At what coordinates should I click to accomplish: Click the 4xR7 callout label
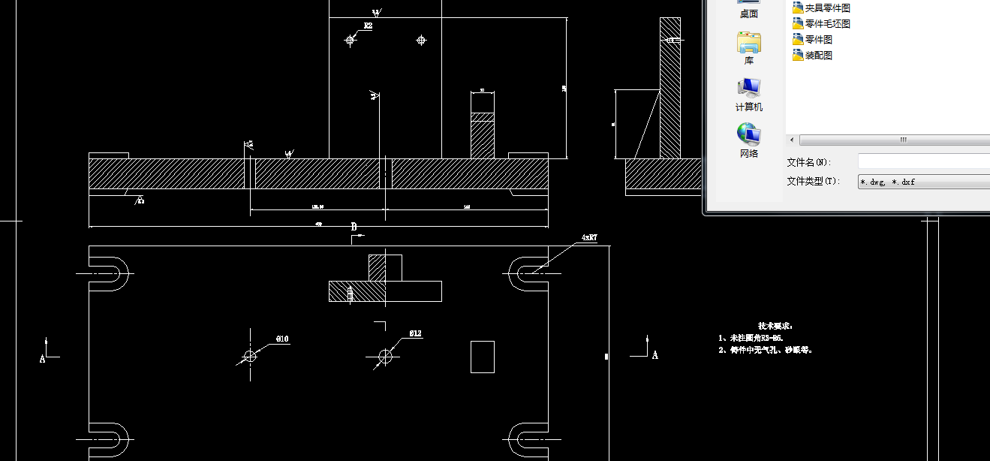[589, 238]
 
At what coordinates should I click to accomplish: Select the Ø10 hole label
[282, 339]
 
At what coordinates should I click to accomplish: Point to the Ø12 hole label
[415, 333]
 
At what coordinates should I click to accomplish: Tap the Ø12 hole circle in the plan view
[385, 355]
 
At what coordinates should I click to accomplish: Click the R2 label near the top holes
[368, 26]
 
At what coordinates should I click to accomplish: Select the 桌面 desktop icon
[748, 9]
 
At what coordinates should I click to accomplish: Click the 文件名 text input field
[924, 161]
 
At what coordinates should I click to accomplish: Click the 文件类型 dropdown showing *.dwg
[924, 182]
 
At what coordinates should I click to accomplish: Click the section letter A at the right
[654, 355]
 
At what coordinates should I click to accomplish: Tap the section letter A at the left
[43, 359]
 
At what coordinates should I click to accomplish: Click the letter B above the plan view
[354, 227]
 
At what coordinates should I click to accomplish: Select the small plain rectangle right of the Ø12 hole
[483, 357]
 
